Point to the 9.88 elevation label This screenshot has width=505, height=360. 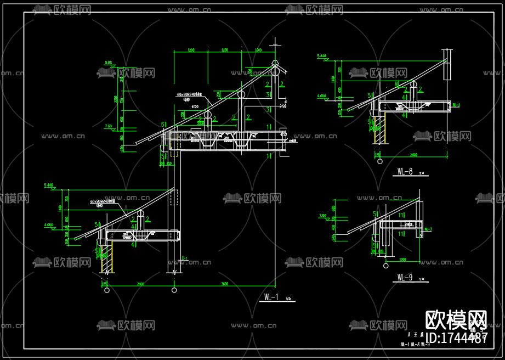107,63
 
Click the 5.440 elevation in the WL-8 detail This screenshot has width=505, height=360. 322,56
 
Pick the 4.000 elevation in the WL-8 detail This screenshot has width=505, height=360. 322,96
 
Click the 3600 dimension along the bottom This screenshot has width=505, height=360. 224,284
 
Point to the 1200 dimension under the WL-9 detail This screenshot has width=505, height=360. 402,260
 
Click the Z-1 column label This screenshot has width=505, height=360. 184,258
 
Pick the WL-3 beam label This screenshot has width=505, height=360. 428,229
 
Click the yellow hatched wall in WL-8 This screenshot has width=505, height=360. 378,130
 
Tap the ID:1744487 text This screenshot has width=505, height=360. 456,338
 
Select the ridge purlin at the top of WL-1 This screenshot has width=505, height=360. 275,70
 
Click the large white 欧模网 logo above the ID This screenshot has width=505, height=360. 456,318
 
